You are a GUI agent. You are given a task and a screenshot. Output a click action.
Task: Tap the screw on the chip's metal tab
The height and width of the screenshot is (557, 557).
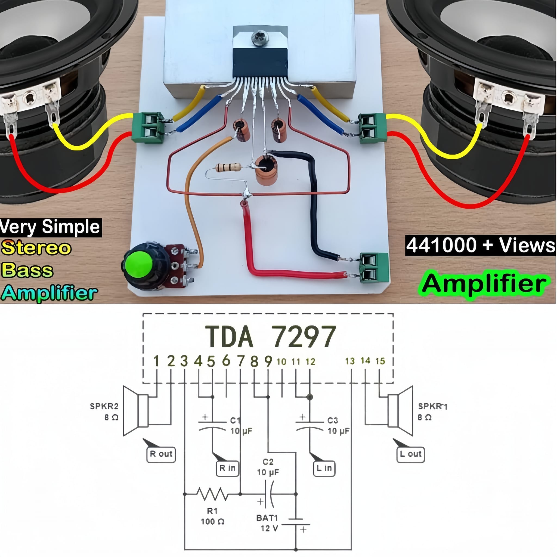(260, 38)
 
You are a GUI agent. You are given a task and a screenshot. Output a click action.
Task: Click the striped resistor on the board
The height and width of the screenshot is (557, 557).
(228, 167)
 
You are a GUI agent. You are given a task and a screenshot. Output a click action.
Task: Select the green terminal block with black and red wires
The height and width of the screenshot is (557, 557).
(374, 268)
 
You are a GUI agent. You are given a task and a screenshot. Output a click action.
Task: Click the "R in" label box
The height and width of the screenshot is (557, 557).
(227, 468)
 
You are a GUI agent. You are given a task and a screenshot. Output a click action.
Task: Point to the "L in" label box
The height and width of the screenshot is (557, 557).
(324, 468)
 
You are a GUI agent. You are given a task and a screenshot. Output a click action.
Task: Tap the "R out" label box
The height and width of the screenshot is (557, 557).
(161, 454)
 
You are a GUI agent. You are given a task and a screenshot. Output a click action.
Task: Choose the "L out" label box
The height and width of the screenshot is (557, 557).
(410, 454)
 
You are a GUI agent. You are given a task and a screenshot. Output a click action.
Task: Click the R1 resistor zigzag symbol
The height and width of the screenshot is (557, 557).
(213, 494)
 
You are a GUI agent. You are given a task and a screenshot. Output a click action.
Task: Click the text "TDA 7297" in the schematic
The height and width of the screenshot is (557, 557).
(270, 336)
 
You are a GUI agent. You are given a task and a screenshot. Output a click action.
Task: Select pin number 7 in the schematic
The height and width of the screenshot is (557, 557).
(241, 361)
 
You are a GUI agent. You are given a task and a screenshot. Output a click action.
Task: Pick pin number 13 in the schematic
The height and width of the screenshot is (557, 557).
(350, 361)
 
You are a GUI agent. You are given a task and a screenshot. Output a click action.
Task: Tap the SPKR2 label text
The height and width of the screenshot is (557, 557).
(104, 406)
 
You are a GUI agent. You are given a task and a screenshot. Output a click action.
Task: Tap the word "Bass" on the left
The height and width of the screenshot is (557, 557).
(27, 270)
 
